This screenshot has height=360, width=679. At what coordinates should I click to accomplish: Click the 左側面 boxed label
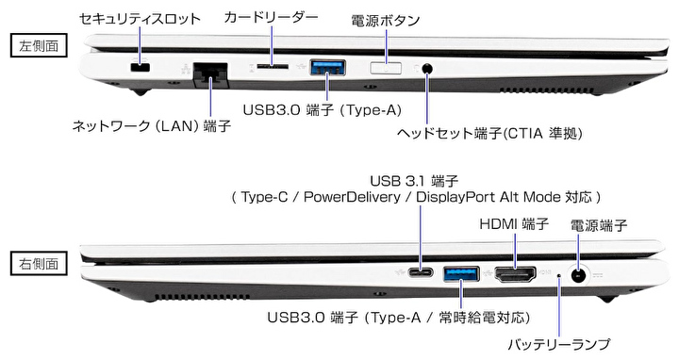click(x=39, y=45)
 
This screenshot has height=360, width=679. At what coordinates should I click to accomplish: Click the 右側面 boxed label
click(x=39, y=263)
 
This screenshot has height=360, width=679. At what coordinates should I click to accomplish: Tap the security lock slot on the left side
click(x=140, y=68)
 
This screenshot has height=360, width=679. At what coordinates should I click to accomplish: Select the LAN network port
click(x=210, y=74)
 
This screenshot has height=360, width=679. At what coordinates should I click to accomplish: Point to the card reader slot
click(x=272, y=66)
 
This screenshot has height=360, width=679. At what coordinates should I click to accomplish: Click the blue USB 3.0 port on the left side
click(x=327, y=68)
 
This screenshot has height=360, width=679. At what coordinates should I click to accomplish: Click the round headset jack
click(x=427, y=68)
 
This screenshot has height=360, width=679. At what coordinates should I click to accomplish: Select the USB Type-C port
click(x=420, y=273)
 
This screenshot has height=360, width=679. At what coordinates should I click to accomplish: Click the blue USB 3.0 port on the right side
click(x=461, y=275)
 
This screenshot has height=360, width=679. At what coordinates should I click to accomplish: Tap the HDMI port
click(x=515, y=275)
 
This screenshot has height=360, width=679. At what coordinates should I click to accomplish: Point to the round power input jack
click(x=578, y=275)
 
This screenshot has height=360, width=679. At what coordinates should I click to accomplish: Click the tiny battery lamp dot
click(x=559, y=275)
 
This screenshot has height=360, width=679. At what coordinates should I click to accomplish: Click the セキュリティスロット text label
click(x=140, y=18)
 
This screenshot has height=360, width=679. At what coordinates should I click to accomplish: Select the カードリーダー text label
click(x=272, y=17)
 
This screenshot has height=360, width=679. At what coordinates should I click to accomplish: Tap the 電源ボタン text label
click(x=385, y=21)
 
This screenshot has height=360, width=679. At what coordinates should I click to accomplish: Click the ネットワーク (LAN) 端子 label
click(x=152, y=126)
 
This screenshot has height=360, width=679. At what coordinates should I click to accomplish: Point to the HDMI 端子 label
click(x=514, y=224)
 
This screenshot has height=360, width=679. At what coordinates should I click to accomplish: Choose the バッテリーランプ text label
click(x=558, y=344)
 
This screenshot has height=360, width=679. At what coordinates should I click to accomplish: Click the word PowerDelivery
click(x=352, y=197)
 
